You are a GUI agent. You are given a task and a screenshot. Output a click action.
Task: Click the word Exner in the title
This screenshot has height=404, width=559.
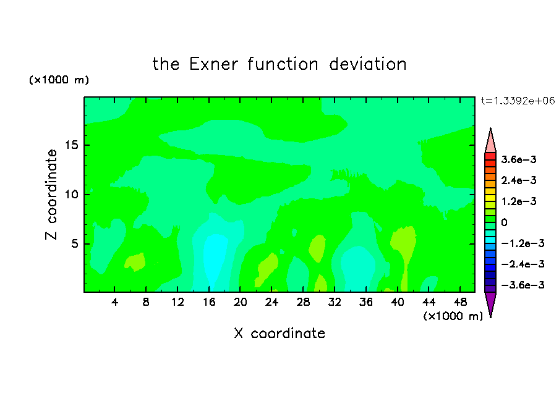click(213, 64)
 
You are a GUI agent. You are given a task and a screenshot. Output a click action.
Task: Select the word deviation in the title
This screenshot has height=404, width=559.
click(367, 64)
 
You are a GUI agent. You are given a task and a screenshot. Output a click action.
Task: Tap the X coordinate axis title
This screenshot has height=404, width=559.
click(279, 333)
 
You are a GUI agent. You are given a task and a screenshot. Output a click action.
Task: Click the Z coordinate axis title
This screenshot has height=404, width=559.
click(51, 195)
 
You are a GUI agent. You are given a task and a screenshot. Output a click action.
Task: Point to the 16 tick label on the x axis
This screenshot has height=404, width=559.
click(209, 302)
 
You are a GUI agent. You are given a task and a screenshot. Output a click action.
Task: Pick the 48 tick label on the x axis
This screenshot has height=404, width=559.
click(460, 302)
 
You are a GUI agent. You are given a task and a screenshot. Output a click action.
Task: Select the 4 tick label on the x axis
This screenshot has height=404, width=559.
click(114, 302)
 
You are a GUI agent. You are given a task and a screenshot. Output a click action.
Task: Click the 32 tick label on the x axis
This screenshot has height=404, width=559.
click(335, 302)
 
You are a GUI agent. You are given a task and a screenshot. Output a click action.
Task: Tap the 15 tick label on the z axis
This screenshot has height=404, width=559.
click(71, 145)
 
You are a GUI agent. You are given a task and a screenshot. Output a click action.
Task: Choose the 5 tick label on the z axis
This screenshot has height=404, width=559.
click(74, 243)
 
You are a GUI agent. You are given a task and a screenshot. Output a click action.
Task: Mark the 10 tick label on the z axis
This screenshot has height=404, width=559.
click(71, 195)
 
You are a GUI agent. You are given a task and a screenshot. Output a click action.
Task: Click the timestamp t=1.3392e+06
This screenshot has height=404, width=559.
click(518, 101)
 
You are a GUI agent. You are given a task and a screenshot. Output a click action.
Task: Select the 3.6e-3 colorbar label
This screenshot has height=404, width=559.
click(519, 159)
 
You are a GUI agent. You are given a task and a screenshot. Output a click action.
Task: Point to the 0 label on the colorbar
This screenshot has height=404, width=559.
click(504, 222)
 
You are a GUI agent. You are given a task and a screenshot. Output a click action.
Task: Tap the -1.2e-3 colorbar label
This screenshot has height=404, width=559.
click(523, 243)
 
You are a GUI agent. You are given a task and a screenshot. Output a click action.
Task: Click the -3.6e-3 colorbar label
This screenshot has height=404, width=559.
click(523, 285)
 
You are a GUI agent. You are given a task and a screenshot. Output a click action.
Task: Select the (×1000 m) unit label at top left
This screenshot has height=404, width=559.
click(59, 80)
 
